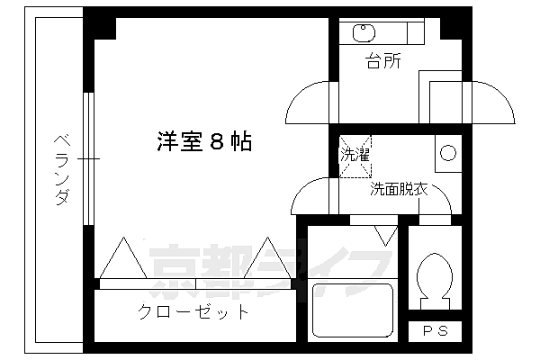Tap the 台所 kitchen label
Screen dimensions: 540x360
382,62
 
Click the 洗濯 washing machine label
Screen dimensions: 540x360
354,154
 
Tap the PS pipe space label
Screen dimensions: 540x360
435,331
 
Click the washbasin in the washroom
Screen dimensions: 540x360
446,151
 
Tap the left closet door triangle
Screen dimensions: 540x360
122,258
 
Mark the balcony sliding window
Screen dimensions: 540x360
88,158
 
